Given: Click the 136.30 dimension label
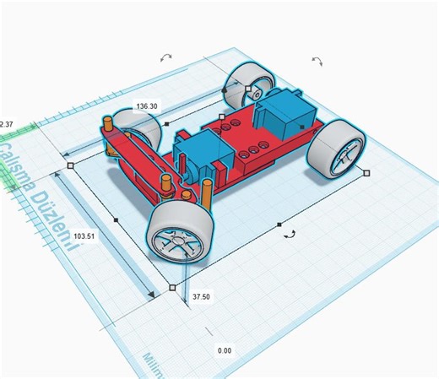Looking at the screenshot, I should pyautogui.click(x=146, y=106).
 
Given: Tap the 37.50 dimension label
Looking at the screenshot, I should pyautogui.click(x=202, y=297).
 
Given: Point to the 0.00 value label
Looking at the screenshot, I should pyautogui.click(x=224, y=349).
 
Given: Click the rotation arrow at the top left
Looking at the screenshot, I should pyautogui.click(x=165, y=57).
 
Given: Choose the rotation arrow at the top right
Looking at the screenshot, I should pyautogui.click(x=317, y=61).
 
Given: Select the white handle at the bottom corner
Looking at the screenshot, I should pyautogui.click(x=173, y=288).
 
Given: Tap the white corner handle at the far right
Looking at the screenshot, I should pyautogui.click(x=366, y=171).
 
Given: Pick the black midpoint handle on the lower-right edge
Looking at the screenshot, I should pyautogui.click(x=279, y=225).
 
